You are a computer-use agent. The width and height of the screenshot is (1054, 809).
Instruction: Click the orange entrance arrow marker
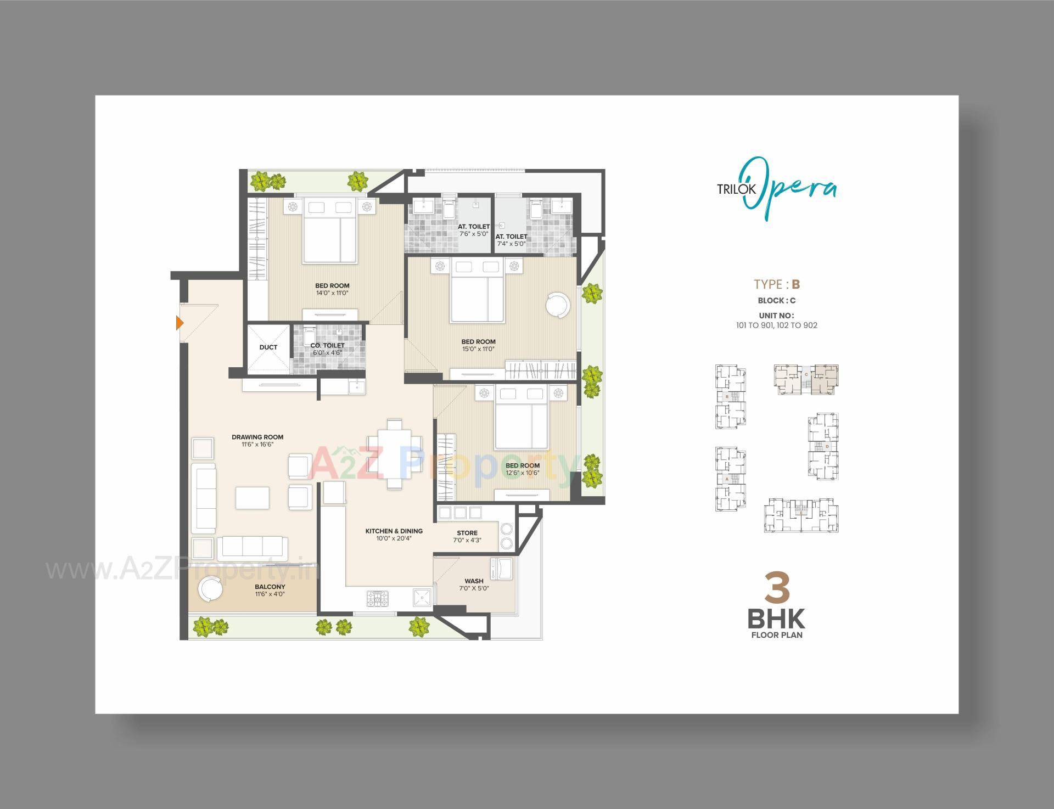tap(179, 323)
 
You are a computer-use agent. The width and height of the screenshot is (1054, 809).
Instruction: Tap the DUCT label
tap(268, 347)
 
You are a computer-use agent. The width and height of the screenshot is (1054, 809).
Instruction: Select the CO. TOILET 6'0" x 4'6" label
tap(327, 349)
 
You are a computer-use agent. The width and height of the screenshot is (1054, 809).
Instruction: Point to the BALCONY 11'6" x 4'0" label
tap(270, 590)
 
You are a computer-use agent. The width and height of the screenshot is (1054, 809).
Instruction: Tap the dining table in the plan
tap(394, 453)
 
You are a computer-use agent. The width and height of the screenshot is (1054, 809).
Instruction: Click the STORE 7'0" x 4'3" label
tap(467, 536)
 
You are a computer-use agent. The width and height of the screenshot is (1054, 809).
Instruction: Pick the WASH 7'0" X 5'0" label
tap(474, 585)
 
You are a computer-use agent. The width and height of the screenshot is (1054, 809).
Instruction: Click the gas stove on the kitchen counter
tap(377, 598)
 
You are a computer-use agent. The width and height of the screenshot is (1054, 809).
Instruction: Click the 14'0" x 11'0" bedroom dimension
tap(332, 293)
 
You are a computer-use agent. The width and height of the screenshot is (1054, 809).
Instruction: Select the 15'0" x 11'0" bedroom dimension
tap(478, 349)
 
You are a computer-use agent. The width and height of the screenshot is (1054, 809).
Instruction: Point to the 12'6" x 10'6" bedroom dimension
tap(522, 473)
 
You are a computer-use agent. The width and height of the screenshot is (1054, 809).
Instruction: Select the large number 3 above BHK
tap(777, 588)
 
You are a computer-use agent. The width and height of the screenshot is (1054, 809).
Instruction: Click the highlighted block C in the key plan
tap(806, 379)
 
